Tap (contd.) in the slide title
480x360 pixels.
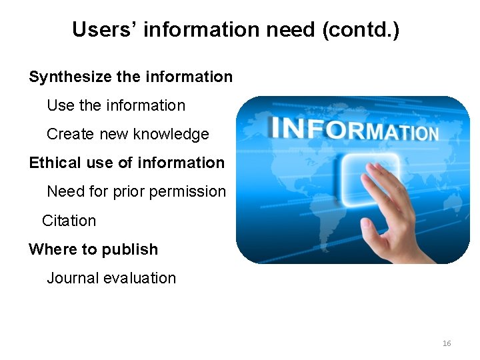click(361, 29)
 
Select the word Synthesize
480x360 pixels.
click(70, 77)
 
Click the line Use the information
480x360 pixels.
click(116, 105)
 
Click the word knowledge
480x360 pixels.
click(171, 134)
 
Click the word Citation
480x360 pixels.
click(69, 221)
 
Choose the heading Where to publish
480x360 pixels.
click(93, 249)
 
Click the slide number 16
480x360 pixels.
click(447, 343)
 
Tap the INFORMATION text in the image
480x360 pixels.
click(354, 129)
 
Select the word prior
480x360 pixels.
click(129, 191)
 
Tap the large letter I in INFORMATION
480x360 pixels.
click(275, 127)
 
